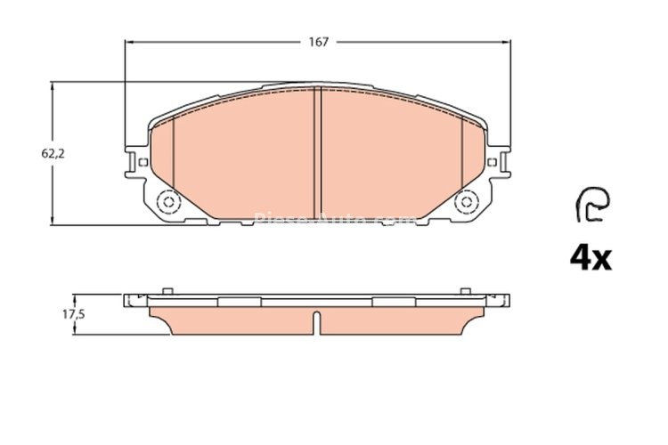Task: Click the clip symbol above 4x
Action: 591,204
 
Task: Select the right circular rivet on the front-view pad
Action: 466,203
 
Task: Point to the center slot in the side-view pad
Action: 316,321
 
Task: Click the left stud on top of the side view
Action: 167,290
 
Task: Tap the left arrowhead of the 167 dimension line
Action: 127,42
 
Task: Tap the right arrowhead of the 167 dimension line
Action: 509,42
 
